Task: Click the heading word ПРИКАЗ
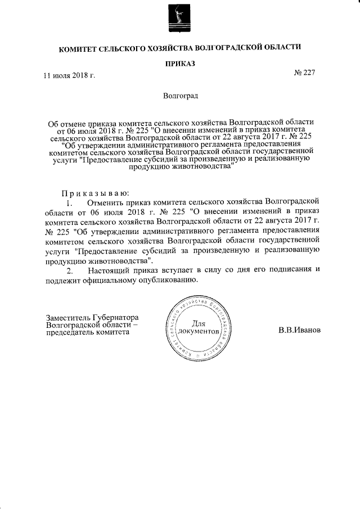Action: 179,64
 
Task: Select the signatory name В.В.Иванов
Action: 299,330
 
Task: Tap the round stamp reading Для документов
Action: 201,328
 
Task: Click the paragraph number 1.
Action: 69,201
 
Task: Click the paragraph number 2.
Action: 69,270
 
